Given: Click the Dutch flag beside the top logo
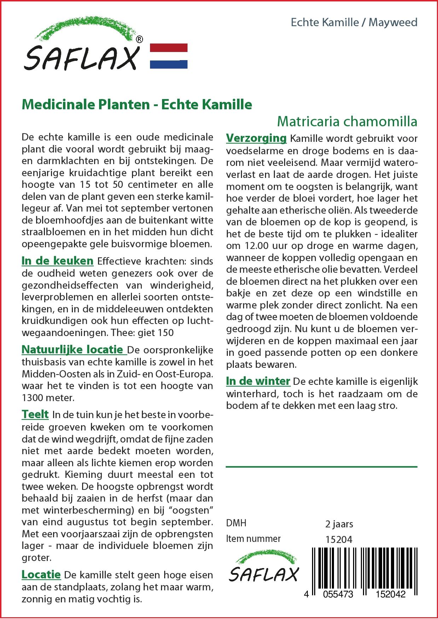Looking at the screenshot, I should point(169,56).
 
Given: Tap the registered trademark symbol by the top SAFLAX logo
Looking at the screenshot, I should point(140,40).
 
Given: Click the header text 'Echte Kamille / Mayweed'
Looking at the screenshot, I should point(354,23).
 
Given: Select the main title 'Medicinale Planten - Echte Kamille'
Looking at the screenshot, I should point(137,105).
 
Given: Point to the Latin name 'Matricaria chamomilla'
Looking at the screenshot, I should point(347,121).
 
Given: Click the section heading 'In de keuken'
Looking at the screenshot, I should point(57,261).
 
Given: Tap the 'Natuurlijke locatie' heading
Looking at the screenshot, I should point(74,349).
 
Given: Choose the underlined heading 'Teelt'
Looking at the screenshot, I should point(35,414).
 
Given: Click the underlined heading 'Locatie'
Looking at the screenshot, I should point(41,574).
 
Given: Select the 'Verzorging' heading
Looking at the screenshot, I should point(256,138).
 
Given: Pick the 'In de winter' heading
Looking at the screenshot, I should point(258,381).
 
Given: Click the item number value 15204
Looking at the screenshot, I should point(339,539).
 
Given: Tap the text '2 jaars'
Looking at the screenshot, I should point(339,524).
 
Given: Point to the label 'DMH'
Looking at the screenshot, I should point(236,523).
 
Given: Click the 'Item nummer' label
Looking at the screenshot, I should point(253,539).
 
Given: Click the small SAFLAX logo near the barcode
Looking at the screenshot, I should point(264,570).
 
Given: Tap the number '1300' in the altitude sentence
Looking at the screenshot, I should point(33,398).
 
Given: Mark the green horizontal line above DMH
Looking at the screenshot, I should point(321,467).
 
